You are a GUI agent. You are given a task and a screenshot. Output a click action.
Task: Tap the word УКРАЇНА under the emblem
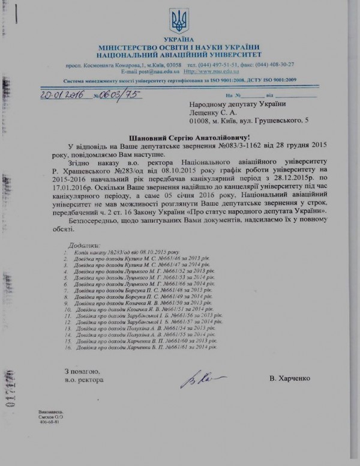179,39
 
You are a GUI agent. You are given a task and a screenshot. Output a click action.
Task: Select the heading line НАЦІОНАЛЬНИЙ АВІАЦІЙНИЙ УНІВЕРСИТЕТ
179,55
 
